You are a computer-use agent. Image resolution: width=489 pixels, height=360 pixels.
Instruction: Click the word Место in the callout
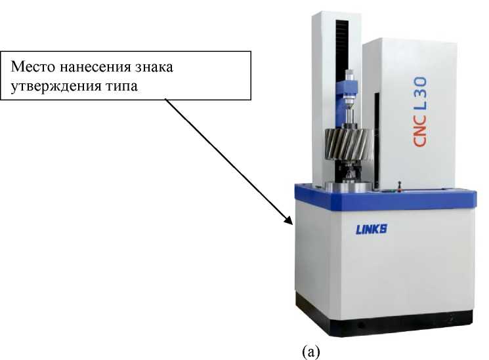(33, 68)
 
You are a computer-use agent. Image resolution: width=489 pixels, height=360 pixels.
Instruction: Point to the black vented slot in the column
(340, 52)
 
